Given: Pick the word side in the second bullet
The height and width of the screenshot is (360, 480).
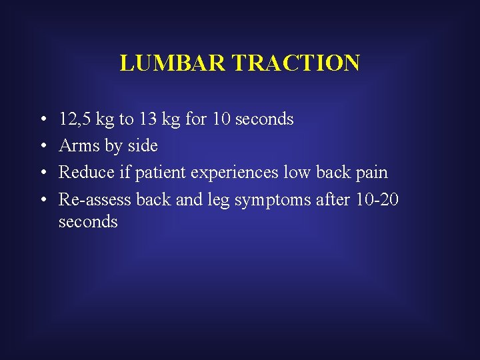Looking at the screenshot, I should click(143, 145).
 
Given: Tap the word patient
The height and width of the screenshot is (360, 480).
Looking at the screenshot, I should click(161, 173).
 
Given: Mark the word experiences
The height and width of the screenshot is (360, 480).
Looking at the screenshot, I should click(235, 173).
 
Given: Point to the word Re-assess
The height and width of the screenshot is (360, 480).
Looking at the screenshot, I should click(95, 199).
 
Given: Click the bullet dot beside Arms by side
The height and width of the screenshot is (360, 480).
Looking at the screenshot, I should click(42, 146).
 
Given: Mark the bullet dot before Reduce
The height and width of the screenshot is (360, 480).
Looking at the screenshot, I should click(42, 173).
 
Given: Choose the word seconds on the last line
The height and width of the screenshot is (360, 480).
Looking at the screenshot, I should click(88, 221).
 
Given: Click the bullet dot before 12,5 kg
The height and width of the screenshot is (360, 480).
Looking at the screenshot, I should click(42, 120).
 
